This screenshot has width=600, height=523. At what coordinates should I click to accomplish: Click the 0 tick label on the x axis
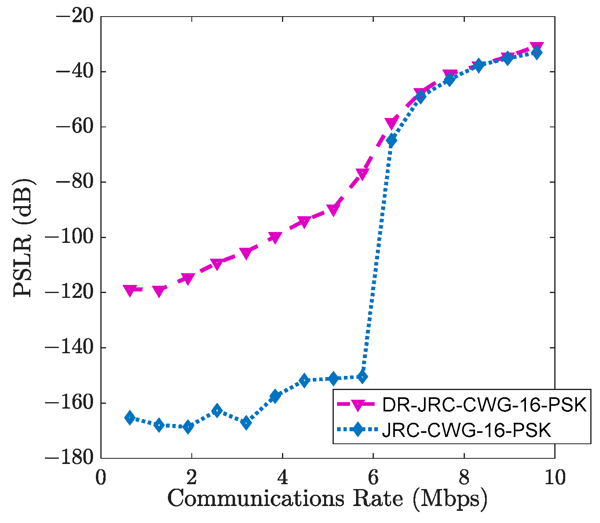click(101, 478)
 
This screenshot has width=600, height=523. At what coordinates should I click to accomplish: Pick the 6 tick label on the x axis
click(373, 478)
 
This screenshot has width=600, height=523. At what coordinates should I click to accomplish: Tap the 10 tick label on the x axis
click(555, 478)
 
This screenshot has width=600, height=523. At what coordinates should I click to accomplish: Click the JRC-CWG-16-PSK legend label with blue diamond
click(466, 430)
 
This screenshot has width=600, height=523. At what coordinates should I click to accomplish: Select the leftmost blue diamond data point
click(130, 418)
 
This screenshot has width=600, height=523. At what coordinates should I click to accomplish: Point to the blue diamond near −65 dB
click(391, 140)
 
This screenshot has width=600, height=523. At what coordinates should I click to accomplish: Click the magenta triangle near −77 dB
click(362, 174)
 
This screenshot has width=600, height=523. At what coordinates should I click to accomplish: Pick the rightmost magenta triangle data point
click(537, 47)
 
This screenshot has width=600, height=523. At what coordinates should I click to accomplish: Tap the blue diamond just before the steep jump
click(362, 377)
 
